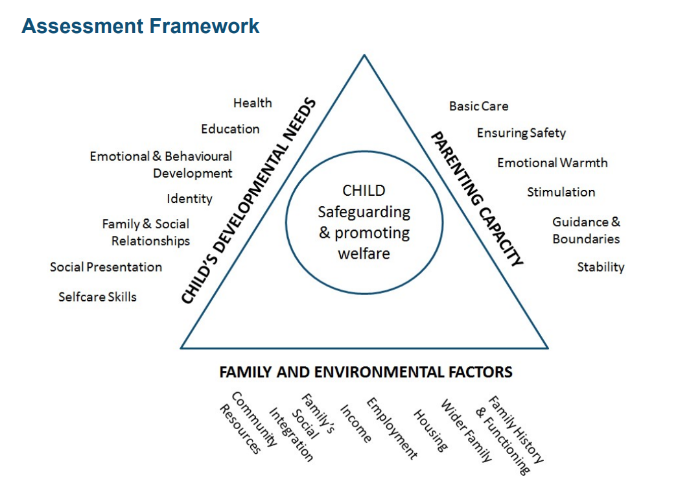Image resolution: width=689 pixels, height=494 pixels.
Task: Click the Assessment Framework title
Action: point(140,27)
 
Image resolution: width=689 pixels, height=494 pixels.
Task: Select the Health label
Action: point(252,103)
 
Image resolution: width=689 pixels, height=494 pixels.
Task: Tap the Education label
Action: point(229,129)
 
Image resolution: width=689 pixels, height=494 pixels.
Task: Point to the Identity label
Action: point(189,199)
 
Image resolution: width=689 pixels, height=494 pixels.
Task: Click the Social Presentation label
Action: point(106,267)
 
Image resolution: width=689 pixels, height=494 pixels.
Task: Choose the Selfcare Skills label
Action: point(97,297)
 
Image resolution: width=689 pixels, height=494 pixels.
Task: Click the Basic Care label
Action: point(478,106)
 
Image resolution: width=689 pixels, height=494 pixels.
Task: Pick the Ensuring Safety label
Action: point(521,134)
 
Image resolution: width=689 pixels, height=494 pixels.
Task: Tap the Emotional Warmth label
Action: point(552,163)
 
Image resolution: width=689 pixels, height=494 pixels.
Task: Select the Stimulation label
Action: point(561,193)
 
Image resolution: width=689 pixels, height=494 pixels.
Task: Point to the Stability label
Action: point(600,267)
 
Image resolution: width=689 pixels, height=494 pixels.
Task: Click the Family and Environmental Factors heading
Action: point(366,372)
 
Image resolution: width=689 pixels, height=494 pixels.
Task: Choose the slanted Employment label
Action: point(391,429)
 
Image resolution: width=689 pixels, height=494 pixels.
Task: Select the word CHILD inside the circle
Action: point(364,191)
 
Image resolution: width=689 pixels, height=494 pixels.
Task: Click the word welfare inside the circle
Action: point(364,253)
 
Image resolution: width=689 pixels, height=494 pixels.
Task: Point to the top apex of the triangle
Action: point(364,56)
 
